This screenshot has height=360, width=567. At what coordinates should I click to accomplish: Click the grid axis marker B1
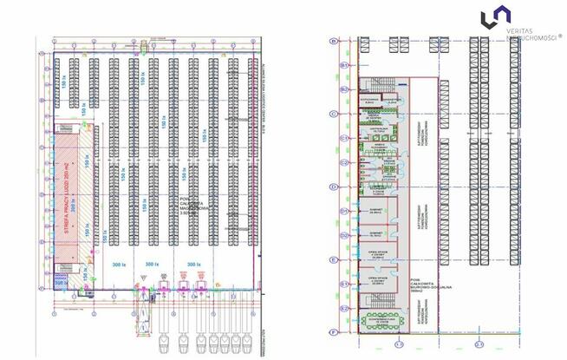point(344,65)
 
